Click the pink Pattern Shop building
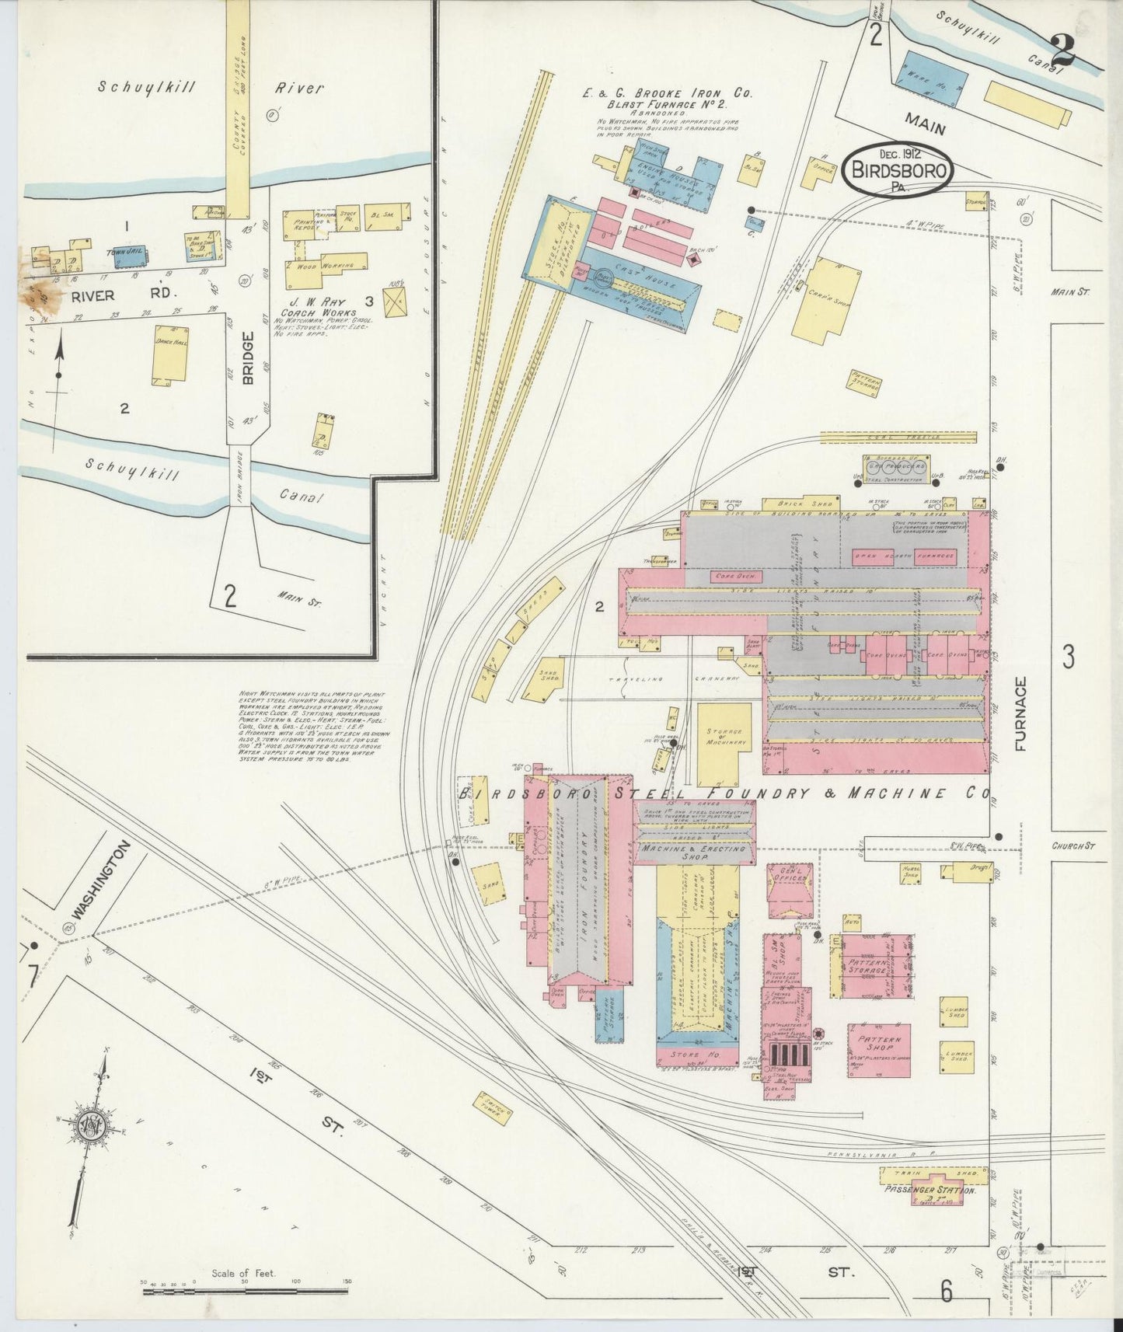pos(878,1050)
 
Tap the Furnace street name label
pos(1020,713)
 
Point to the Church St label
pos(1073,846)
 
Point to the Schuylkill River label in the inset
pos(210,88)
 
